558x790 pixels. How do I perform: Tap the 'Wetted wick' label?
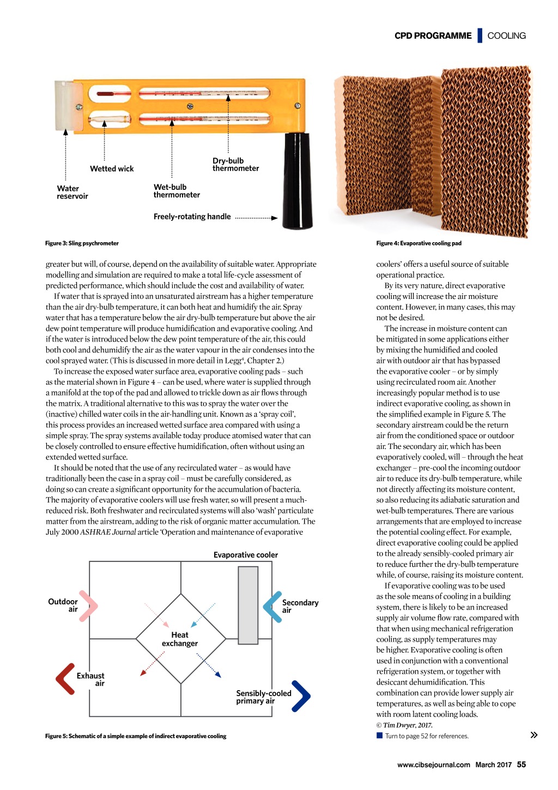point(112,169)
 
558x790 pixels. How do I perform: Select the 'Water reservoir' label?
point(72,193)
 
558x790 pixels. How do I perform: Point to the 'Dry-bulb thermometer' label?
point(235,165)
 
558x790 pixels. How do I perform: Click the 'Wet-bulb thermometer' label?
point(177,191)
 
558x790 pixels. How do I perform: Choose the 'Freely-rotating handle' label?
point(192,217)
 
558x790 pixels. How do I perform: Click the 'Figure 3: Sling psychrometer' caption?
point(82,243)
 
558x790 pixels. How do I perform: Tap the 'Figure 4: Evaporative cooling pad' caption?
point(418,243)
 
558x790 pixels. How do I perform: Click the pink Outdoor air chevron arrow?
point(88,606)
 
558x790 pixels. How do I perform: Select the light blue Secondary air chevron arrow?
point(272,606)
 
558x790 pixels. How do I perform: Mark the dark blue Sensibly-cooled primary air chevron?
point(301,696)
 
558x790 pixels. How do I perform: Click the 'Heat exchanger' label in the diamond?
point(180,639)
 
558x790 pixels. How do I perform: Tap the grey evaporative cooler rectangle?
point(248,605)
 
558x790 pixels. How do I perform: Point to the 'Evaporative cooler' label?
point(246,555)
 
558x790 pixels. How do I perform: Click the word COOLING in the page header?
point(506,36)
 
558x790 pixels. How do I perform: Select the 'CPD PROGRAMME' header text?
point(433,36)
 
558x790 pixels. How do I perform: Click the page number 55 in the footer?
point(521,765)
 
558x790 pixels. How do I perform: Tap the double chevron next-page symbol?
point(534,735)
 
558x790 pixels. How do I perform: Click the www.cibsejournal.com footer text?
point(433,765)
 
